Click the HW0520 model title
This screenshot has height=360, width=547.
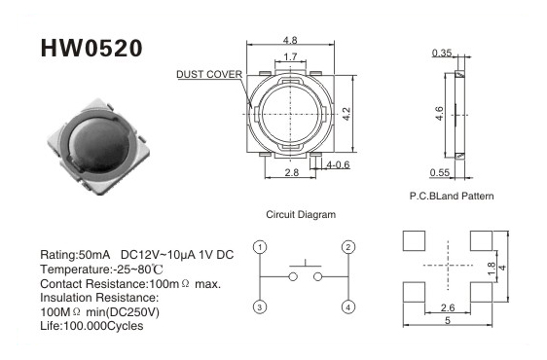[91, 48]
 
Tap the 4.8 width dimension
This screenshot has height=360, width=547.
[290, 40]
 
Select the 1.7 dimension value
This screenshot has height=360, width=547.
[290, 56]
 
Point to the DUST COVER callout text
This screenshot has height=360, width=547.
[209, 74]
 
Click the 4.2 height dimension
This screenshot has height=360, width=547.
[346, 114]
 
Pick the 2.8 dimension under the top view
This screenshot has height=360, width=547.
[292, 172]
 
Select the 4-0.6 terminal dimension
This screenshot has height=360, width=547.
[338, 164]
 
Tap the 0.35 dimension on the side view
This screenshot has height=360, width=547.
[442, 53]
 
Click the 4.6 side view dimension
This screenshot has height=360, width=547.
[440, 114]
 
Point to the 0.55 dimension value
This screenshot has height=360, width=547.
[440, 172]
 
